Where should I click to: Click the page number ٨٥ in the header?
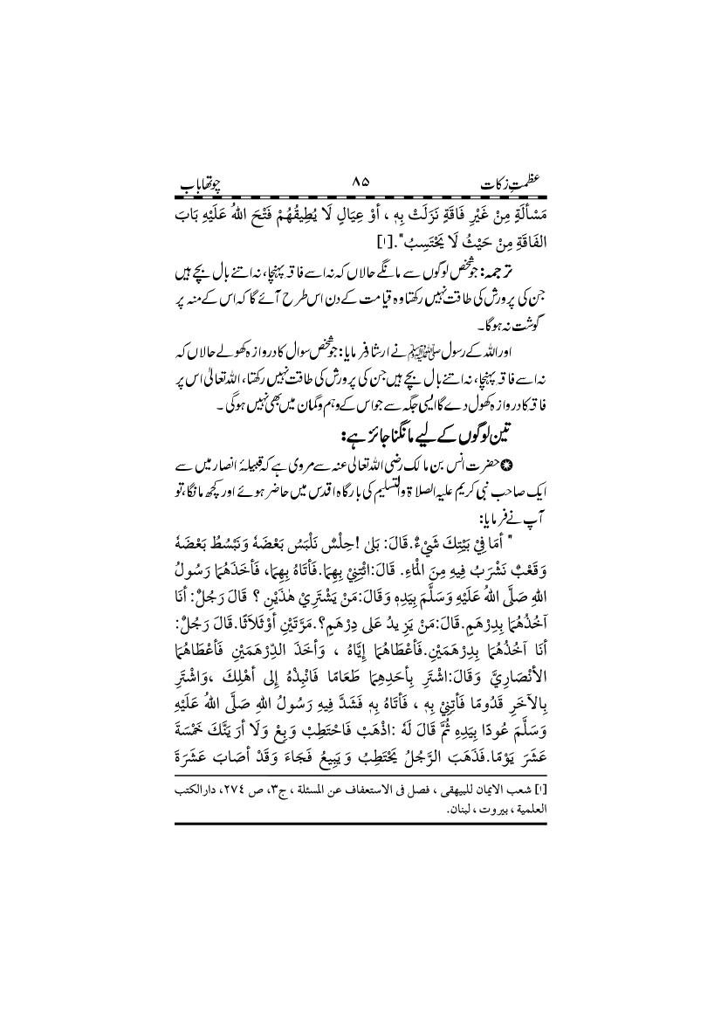360,183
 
